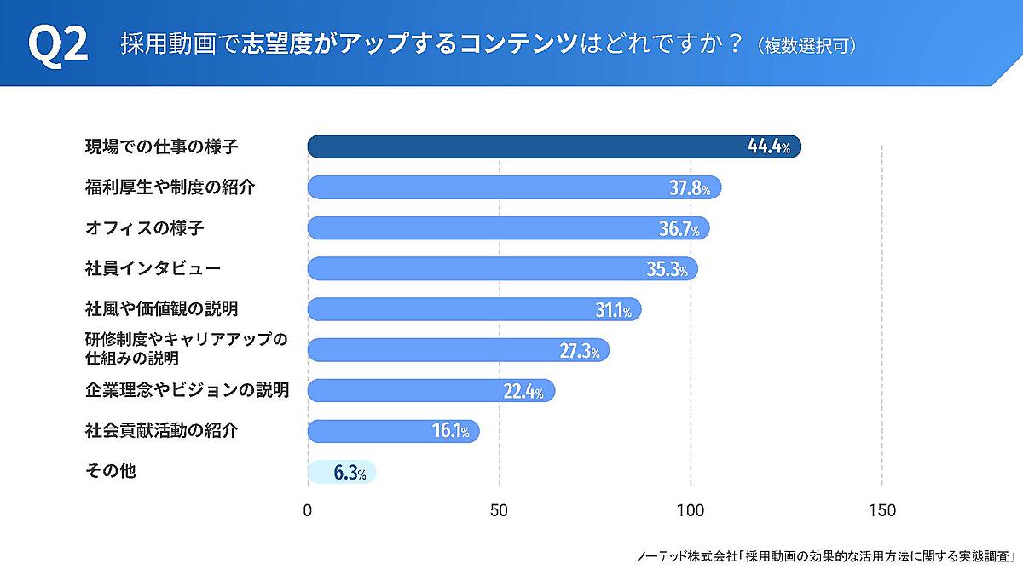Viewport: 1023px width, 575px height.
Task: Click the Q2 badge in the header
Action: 58,43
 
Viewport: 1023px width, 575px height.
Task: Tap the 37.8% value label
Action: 689,188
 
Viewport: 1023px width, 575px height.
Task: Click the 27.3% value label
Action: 580,351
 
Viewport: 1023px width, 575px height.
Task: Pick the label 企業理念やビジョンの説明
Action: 187,390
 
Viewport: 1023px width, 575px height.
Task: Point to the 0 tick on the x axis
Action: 308,511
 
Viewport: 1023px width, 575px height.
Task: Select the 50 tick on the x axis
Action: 500,511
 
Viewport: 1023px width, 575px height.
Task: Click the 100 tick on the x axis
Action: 691,511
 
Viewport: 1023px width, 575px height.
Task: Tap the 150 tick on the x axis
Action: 881,511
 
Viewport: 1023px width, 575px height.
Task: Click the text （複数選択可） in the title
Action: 806,45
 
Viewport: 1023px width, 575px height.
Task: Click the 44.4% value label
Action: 768,147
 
